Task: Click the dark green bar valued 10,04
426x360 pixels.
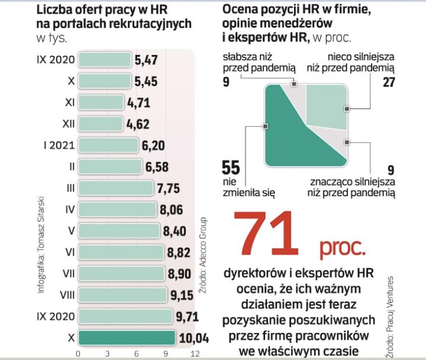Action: (127, 338)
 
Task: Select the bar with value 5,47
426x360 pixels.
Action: (105, 60)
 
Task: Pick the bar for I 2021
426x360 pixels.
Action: (108, 145)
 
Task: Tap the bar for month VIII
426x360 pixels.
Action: (122, 294)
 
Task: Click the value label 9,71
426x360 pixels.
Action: (188, 316)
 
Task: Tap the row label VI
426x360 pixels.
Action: (69, 252)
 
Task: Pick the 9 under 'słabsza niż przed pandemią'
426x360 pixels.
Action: (226, 82)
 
